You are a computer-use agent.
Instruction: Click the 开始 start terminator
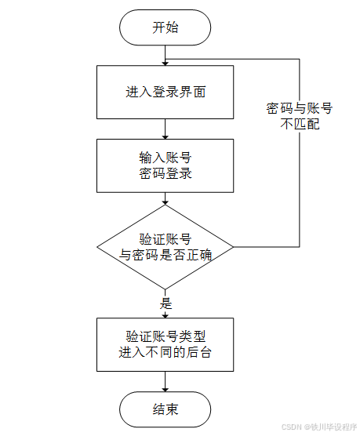[165, 27]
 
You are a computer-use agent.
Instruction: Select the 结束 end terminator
[165, 409]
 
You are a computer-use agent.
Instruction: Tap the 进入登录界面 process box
[165, 91]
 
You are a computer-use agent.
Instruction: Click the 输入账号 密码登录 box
[165, 165]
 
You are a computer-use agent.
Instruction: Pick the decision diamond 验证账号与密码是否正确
[165, 246]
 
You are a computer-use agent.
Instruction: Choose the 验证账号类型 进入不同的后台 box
[165, 344]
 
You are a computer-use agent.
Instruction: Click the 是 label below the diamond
[165, 303]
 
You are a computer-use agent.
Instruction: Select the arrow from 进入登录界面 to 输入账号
[165, 128]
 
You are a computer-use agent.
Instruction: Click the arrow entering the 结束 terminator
[165, 382]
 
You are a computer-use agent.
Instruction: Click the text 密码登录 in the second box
[165, 173]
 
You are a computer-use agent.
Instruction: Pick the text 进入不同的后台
[165, 352]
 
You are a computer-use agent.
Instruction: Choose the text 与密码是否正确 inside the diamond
[165, 254]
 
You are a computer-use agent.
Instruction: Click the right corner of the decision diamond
[232, 246]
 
